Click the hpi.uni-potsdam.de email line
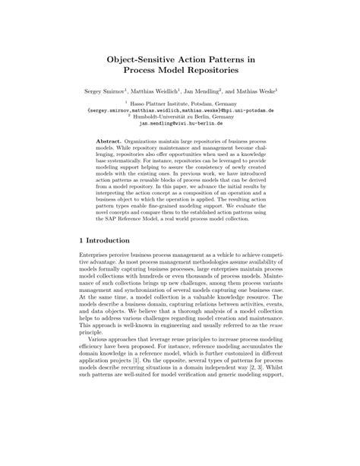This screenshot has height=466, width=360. point(180,110)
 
